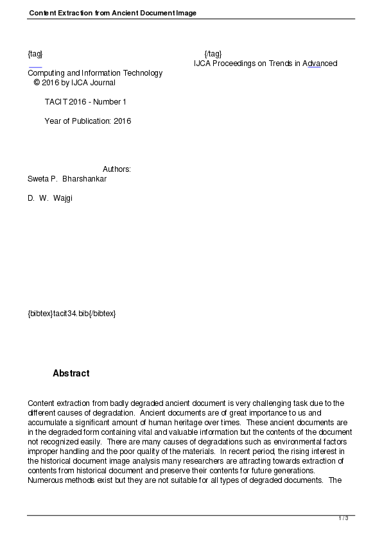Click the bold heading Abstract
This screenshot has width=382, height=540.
tap(71, 373)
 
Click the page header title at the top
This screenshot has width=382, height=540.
tap(112, 13)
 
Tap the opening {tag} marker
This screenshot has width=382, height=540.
tap(35, 53)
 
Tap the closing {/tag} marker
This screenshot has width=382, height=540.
tap(213, 53)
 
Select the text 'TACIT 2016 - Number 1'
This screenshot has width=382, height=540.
tap(85, 102)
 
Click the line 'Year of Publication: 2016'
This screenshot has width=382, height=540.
tap(87, 121)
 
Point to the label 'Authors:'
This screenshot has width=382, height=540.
tap(117, 169)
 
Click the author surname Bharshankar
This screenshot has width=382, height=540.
tap(85, 179)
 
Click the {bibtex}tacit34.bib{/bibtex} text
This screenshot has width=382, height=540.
tap(71, 314)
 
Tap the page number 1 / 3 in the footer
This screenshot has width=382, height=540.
tap(343, 518)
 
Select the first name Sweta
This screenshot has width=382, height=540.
tap(38, 179)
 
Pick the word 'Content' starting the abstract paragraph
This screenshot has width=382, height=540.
tap(41, 403)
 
